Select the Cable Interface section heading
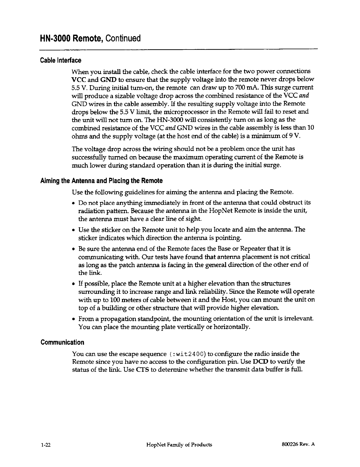(x=60, y=61)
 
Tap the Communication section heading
(x=62, y=342)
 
